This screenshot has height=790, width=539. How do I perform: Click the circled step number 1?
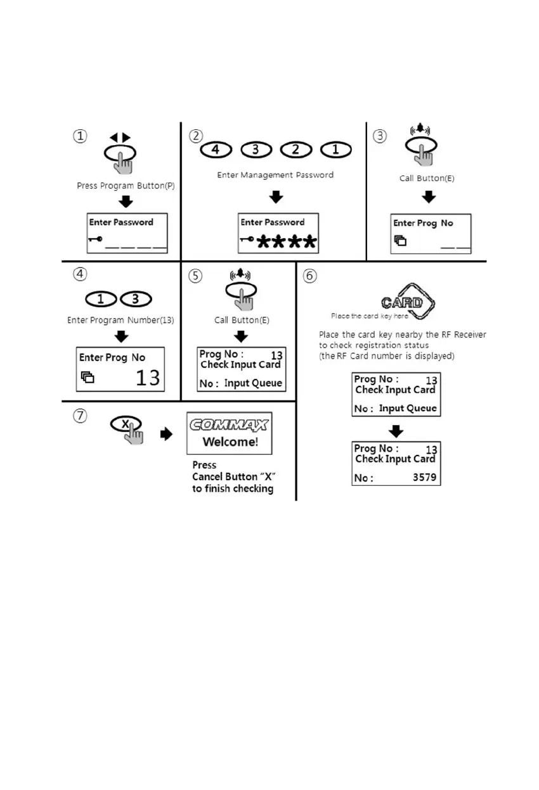[79, 136]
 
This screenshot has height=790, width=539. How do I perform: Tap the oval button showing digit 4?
[217, 151]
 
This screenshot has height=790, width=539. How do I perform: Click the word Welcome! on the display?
[230, 442]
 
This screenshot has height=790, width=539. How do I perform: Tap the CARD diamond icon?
[403, 302]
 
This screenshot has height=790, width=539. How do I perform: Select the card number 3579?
[424, 478]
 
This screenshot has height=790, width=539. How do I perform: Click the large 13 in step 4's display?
[148, 378]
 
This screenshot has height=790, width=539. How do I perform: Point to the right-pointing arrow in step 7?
[166, 435]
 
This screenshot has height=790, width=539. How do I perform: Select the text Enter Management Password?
[275, 175]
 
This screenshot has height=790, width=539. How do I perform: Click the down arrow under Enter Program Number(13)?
[121, 336]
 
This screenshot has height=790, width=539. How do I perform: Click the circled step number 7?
[79, 417]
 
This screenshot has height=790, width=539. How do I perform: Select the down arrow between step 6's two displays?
[396, 430]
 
